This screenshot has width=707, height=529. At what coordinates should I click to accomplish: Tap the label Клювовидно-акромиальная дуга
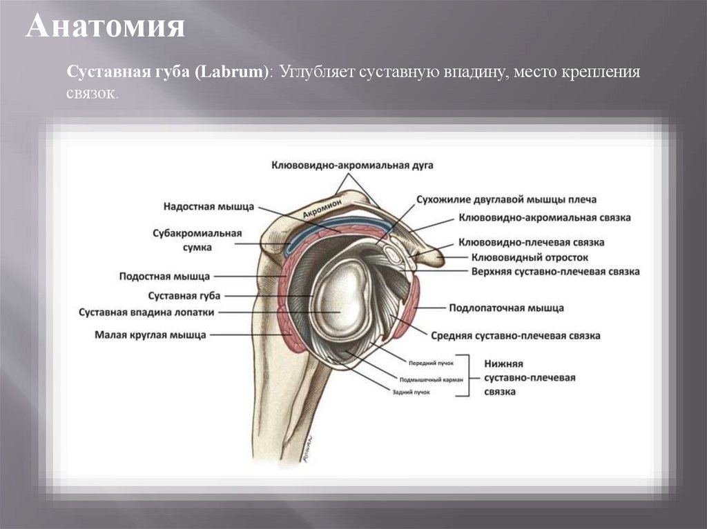352,166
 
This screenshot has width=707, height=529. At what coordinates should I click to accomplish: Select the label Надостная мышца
209,206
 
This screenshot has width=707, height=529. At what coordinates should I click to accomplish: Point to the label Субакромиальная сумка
197,240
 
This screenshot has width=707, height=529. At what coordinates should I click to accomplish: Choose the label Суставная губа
185,295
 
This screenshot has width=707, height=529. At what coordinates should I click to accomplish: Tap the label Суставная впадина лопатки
147,312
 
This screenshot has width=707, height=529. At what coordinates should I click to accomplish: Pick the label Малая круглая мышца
151,336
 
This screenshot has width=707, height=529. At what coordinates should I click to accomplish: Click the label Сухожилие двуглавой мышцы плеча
505,199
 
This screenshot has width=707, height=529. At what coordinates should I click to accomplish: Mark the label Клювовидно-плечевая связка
531,243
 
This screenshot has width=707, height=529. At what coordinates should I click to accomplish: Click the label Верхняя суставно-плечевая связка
545,272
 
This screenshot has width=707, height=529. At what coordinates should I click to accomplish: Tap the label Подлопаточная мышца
506,308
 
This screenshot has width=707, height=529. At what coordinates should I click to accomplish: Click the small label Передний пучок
429,362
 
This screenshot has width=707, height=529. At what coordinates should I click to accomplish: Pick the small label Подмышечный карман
430,379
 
